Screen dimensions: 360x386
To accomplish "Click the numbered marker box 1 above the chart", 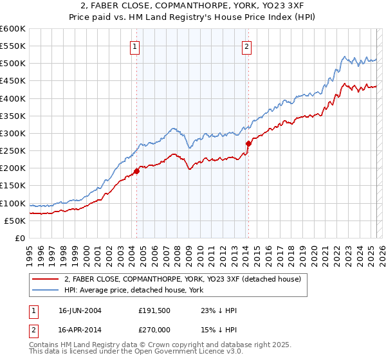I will click(x=135, y=46).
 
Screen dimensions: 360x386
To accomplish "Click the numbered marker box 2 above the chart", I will click(x=247, y=46).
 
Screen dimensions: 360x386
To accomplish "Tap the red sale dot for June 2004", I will click(x=136, y=171).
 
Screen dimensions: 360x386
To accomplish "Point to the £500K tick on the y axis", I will click(x=13, y=64).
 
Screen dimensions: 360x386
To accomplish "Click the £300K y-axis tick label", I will click(x=13, y=133).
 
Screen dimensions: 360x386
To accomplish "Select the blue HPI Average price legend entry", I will click(x=133, y=291).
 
